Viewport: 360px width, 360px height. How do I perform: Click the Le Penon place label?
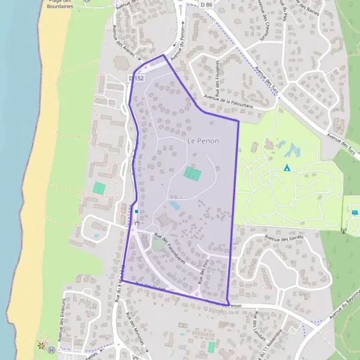click(x=203, y=141)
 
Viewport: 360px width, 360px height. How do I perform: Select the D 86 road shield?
click(x=207, y=5)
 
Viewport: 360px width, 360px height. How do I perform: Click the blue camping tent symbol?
click(x=287, y=167)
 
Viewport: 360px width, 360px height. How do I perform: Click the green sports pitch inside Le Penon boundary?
click(x=192, y=173)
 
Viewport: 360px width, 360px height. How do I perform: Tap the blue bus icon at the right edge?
click(x=355, y=212)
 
